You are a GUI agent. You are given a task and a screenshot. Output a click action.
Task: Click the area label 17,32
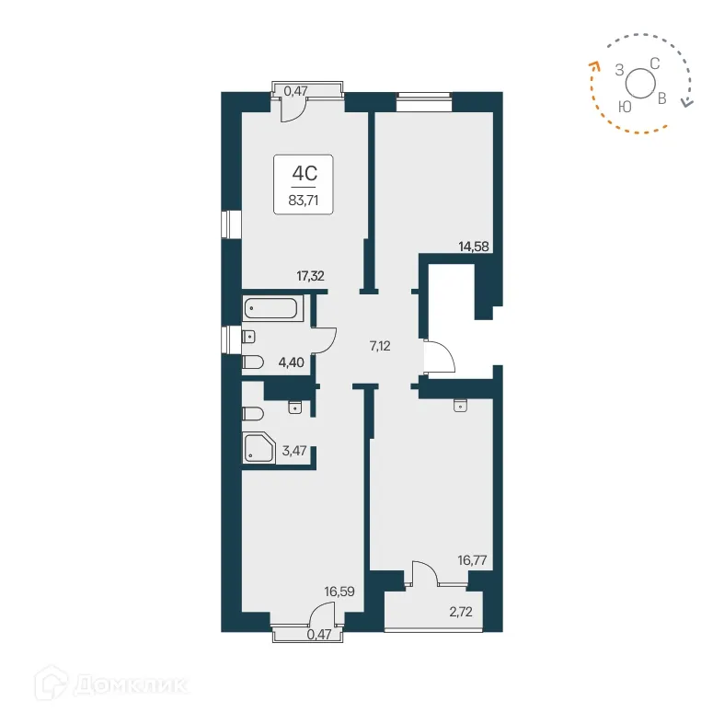coord(311,274)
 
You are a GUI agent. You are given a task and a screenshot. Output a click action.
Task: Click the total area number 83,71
coord(304,198)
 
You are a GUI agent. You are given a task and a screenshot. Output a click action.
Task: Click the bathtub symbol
coord(272,309)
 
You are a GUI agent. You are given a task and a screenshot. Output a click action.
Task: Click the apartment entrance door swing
coord(438,356)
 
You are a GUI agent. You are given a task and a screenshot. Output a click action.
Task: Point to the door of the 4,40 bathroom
coord(325,341)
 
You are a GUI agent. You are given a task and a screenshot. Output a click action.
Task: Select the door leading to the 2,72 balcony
coord(425,574)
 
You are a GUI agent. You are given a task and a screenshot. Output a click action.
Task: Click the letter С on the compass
coord(655,63)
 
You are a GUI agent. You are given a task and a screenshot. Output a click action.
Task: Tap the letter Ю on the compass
coord(625,107)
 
